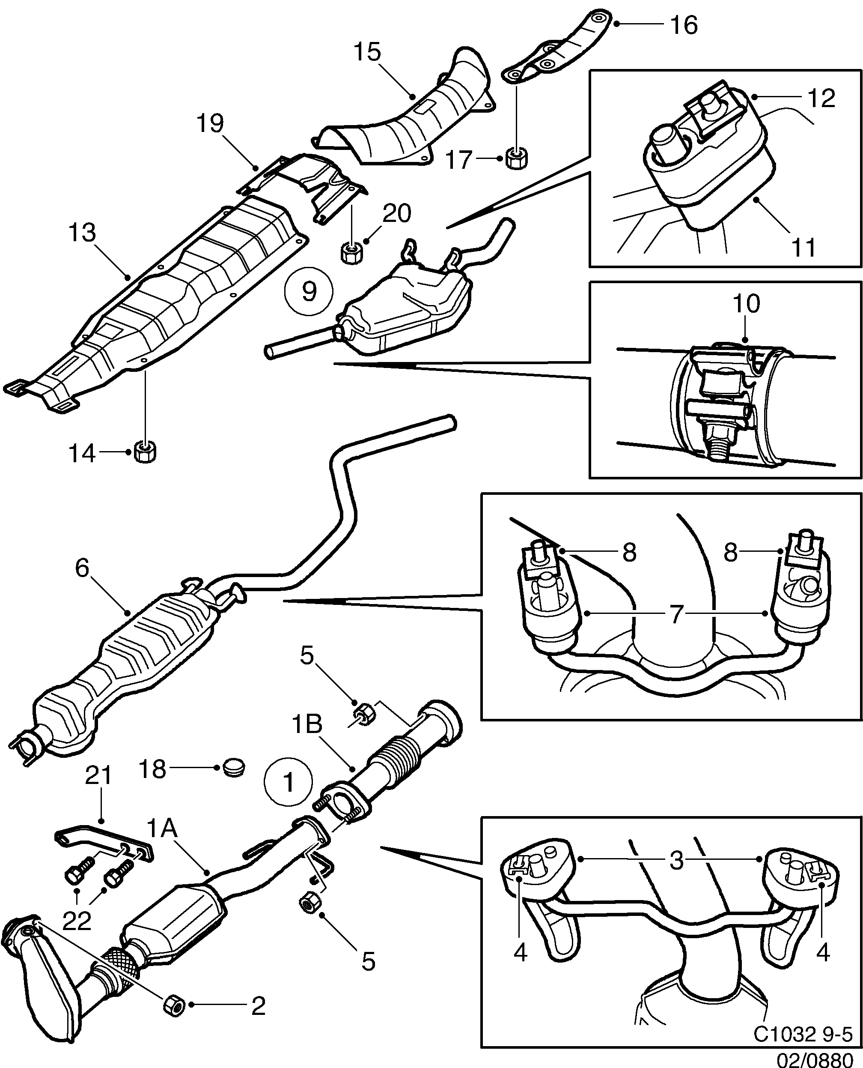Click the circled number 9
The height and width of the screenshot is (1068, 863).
pos(309,291)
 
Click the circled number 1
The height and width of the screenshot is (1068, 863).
pos(289,782)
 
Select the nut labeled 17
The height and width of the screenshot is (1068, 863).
pos(517,159)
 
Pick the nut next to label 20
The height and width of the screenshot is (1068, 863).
pos(351,250)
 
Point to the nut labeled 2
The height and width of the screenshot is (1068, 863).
pos(174,1005)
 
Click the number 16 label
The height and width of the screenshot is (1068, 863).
pos(684,25)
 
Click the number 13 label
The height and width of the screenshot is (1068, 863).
pos(82,232)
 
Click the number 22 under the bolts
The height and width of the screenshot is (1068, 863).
pos(77,921)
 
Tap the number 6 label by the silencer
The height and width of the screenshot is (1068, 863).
pos(82,568)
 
